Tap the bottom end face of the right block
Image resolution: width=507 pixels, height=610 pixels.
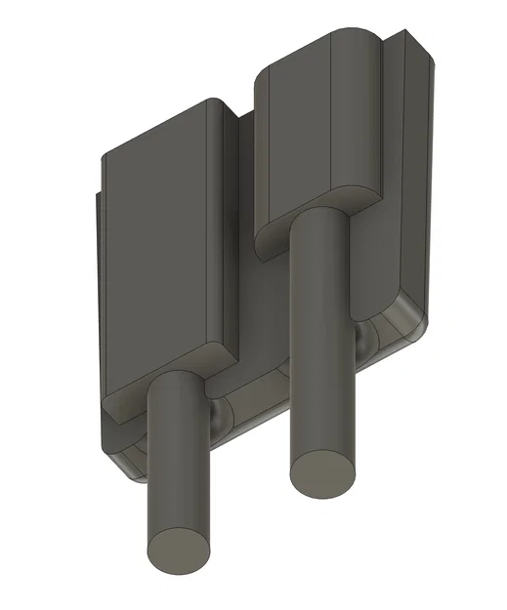click(317, 210)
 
